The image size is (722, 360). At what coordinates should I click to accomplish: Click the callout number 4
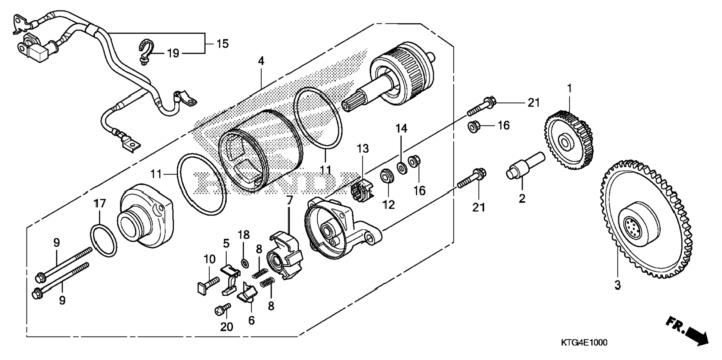(261, 61)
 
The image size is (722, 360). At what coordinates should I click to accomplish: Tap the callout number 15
(222, 44)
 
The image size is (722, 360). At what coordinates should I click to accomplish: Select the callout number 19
(173, 53)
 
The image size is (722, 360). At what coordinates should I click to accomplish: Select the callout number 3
(617, 285)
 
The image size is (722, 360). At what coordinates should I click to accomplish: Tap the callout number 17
(100, 204)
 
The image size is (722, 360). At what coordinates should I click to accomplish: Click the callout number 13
(362, 149)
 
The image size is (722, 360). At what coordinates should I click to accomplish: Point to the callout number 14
(402, 129)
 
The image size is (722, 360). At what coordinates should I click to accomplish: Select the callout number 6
(251, 320)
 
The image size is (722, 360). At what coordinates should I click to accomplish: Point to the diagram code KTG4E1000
(584, 342)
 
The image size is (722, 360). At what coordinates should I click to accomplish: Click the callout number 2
(522, 198)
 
